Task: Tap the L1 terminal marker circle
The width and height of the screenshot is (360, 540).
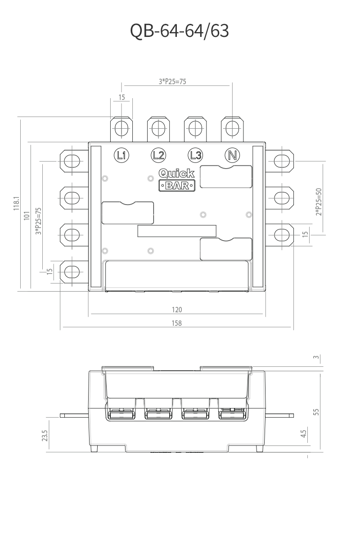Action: coord(121,155)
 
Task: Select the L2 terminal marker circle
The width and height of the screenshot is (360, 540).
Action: coord(158,155)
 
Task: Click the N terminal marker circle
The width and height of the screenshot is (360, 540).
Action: coord(232,155)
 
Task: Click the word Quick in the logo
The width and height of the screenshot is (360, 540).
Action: coord(176,174)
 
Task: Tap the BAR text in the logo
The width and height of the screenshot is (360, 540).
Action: coord(177,185)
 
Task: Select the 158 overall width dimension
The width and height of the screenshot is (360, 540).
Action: coord(176,323)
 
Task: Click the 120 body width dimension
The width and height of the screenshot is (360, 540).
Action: coord(176,310)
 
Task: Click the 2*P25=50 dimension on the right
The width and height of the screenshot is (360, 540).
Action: coord(319,201)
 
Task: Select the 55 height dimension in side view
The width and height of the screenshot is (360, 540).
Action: coord(316,412)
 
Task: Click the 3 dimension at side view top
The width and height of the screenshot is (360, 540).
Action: coord(316,358)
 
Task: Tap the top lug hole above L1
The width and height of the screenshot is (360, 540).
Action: coord(121,128)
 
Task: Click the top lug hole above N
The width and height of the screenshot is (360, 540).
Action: coord(232,128)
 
